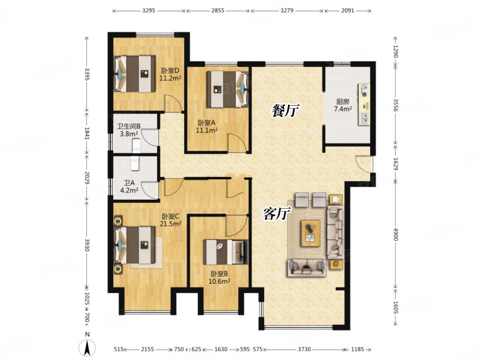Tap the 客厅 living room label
(x=277, y=213)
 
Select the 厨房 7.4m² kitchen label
(x=343, y=105)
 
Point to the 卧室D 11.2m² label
(x=170, y=74)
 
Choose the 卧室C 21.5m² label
(x=170, y=220)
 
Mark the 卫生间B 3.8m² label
(x=129, y=130)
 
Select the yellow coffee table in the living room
(x=310, y=233)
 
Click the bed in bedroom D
(x=135, y=74)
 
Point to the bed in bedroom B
(x=225, y=252)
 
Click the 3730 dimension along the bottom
(x=304, y=349)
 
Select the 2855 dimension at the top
(x=217, y=11)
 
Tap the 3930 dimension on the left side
(x=87, y=245)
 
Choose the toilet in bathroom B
(x=136, y=146)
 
